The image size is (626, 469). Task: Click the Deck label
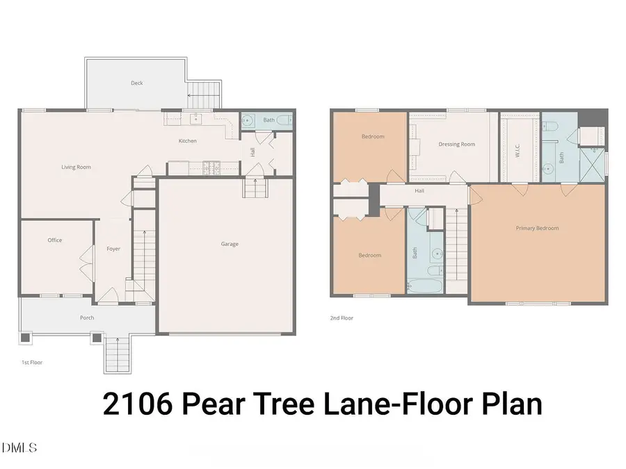click(x=137, y=83)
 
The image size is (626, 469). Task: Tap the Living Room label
click(x=77, y=167)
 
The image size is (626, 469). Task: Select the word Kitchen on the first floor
click(x=188, y=141)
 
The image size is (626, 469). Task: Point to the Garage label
click(x=230, y=244)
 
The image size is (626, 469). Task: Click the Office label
click(x=55, y=240)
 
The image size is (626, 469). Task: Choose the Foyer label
click(x=113, y=249)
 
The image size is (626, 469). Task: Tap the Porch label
click(x=87, y=318)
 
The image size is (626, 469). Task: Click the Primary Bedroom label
click(x=537, y=228)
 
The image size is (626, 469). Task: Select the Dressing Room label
click(x=457, y=145)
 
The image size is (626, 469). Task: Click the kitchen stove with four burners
click(x=211, y=166)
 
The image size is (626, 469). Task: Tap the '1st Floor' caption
click(x=31, y=362)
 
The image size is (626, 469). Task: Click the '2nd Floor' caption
click(x=341, y=318)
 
